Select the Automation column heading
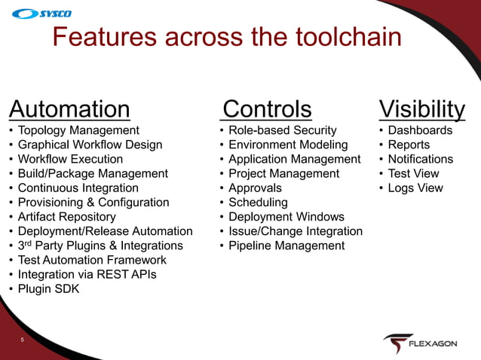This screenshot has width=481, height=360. click(x=69, y=109)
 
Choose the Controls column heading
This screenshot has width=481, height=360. click(x=267, y=109)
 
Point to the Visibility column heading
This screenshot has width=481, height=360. click(x=421, y=109)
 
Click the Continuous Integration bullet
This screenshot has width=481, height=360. click(x=78, y=188)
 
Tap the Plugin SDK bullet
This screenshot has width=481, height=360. click(x=48, y=288)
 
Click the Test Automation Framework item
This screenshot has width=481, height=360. click(x=92, y=260)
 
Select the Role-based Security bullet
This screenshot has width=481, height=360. click(x=282, y=130)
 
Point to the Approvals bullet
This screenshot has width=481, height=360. click(x=255, y=188)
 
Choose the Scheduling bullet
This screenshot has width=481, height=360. click(x=258, y=203)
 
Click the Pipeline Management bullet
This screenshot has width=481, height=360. click(x=286, y=246)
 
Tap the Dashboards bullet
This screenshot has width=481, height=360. click(x=420, y=130)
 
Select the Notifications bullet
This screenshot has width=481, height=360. click(x=420, y=159)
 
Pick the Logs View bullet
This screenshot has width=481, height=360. click(x=415, y=188)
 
